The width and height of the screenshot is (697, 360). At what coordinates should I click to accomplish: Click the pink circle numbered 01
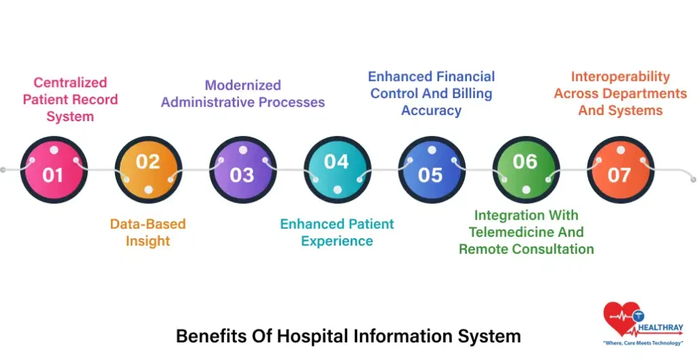point(54,169)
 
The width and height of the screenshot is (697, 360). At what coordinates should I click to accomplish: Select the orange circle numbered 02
point(148,169)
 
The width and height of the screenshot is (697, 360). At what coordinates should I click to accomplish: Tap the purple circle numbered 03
point(243,169)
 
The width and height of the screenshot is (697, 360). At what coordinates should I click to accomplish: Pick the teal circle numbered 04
point(338,169)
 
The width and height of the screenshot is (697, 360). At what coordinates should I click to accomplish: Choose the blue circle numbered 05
point(432,169)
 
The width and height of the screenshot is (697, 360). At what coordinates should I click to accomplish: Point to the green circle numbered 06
point(526,169)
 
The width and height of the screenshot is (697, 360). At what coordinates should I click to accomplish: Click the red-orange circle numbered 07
point(621,169)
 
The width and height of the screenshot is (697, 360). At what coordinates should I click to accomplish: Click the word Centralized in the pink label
point(70,82)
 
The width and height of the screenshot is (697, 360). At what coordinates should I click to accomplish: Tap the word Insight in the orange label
point(148,241)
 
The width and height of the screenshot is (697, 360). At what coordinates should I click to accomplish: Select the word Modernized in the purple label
point(243,85)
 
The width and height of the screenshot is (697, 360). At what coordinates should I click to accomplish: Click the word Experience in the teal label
point(337,241)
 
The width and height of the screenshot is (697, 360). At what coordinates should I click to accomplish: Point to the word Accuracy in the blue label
point(431,111)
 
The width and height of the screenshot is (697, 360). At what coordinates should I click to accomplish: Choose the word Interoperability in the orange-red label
point(620,77)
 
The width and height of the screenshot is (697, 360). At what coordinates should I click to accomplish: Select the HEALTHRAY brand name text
point(660,328)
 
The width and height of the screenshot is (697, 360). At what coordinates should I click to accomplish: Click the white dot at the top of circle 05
point(432,150)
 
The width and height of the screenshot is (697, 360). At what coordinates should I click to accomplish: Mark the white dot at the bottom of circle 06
point(526,190)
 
